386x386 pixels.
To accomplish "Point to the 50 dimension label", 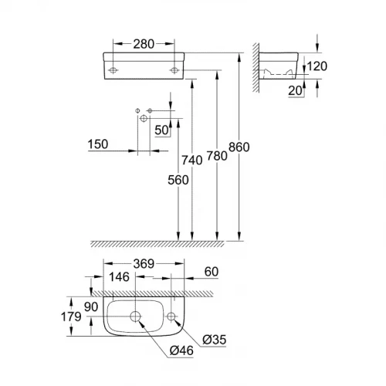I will (162, 129).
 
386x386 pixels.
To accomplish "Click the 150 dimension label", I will (100, 144).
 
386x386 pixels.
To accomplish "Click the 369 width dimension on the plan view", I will (143, 264).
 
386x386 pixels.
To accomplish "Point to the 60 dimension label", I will (211, 271).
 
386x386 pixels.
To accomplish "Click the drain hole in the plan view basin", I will (134, 316).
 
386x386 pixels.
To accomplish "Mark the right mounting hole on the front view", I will (171, 69).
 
